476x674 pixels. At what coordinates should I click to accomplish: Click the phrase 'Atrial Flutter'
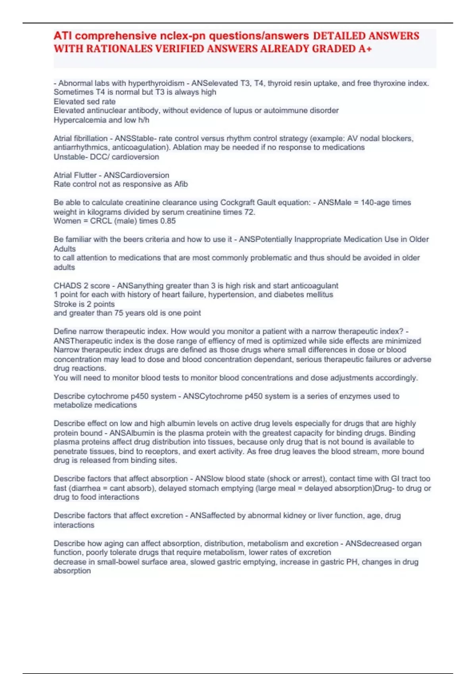pyautogui.click(x=75, y=175)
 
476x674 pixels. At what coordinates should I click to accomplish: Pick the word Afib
pyautogui.click(x=181, y=184)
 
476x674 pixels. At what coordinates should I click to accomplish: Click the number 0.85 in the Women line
pyautogui.click(x=168, y=221)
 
